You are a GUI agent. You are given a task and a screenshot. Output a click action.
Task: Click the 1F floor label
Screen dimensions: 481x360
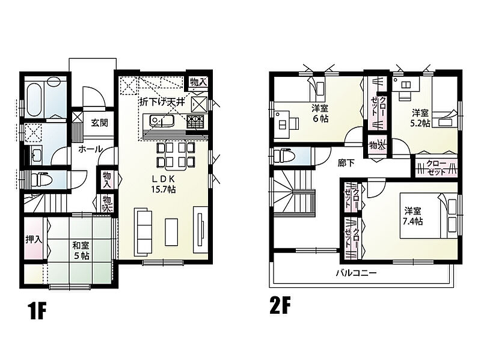click(x=37, y=310)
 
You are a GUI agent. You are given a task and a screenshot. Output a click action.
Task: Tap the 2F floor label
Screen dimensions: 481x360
click(x=280, y=305)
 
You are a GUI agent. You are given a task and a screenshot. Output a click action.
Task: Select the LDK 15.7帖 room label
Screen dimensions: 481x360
click(x=163, y=184)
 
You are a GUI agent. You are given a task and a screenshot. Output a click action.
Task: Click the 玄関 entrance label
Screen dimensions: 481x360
click(x=99, y=123)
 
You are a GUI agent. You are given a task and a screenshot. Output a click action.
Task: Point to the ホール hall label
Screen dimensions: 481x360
click(x=90, y=149)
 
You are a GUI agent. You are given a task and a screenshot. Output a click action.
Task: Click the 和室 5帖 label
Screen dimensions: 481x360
click(x=81, y=250)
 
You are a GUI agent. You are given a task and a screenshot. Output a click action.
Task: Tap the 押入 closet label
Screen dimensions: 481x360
click(x=34, y=239)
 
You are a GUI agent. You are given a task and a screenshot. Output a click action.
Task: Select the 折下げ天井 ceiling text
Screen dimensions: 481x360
click(x=162, y=102)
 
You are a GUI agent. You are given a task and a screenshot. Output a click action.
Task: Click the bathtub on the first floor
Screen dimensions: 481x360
click(x=34, y=98)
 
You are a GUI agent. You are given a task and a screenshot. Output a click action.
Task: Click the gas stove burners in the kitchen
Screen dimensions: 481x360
click(x=195, y=122)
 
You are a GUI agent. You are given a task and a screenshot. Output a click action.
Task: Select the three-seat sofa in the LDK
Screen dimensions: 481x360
click(x=143, y=231)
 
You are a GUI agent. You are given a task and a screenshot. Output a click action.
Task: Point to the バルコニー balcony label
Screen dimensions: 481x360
click(x=356, y=273)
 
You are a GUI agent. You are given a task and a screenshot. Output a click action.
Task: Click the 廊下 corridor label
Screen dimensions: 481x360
click(x=346, y=163)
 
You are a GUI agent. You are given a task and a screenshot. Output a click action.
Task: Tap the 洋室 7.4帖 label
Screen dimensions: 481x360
click(x=413, y=216)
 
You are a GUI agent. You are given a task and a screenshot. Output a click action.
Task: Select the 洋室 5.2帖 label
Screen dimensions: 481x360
click(x=420, y=118)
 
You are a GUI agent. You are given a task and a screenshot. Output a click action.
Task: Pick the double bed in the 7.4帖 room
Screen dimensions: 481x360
click(x=429, y=215)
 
